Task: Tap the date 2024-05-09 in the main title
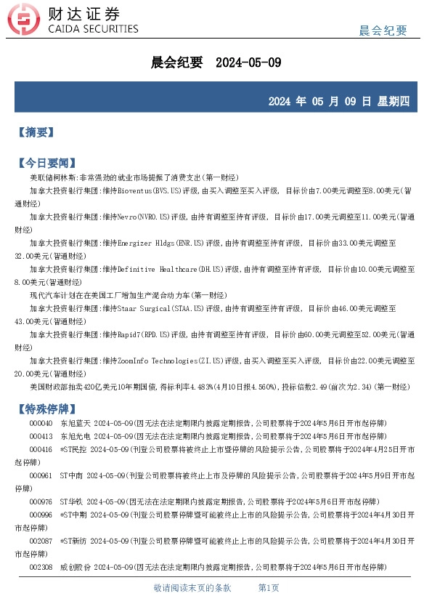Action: pos(248,63)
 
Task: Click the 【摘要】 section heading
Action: pos(36,132)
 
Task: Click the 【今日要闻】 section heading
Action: pos(46,163)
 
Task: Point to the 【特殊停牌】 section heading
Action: pos(46,408)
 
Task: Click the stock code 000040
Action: pos(41,423)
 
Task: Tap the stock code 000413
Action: pos(41,436)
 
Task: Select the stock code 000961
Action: pos(41,475)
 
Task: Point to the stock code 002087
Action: pos(41,541)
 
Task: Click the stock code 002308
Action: pos(41,567)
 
